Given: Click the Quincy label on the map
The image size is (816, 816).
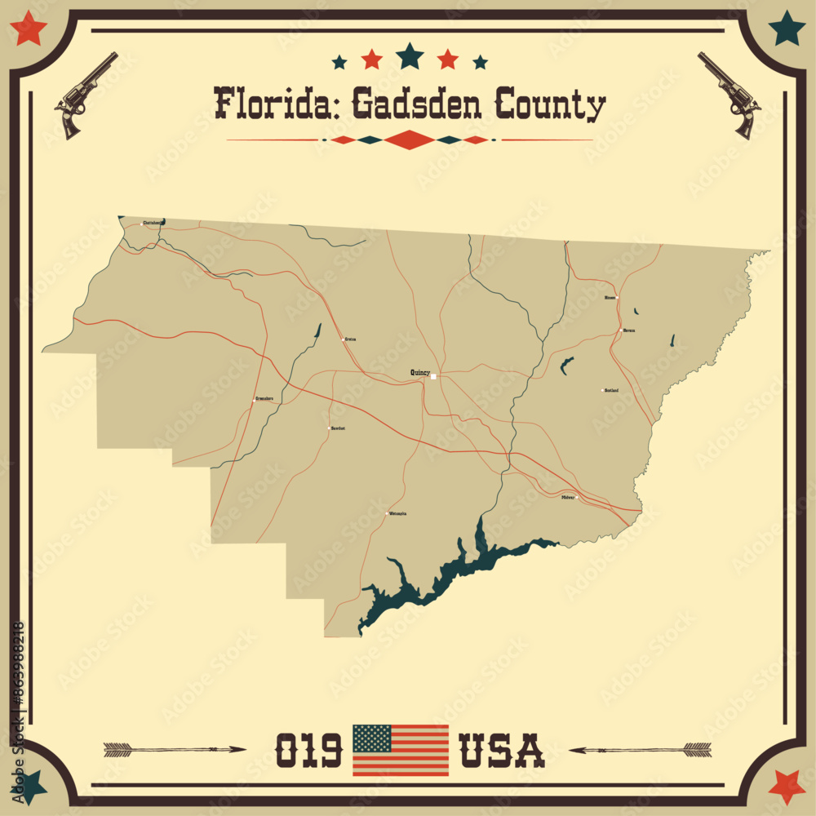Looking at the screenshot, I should point(419,372).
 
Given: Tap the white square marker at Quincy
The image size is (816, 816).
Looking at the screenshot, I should point(434,376).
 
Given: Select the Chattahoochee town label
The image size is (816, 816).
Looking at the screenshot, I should point(153,222).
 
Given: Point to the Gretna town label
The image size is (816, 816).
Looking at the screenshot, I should point(351,338).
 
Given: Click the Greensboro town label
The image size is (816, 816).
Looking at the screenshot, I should point(264,399).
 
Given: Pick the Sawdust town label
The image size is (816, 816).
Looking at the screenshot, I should point(338,428).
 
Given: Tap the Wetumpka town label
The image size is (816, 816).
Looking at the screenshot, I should point(397,513).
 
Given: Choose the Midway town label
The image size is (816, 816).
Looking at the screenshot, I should point(568,496).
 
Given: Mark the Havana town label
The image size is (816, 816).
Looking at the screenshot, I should point(628,330).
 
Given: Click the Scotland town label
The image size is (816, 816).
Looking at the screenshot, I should point(611,390).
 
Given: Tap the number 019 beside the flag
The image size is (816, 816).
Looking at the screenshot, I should point(308,750).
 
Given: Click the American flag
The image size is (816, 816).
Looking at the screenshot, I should point(400,750).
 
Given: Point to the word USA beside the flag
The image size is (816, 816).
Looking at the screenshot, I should point(502,750).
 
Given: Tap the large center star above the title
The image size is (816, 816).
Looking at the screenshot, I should point(410,55).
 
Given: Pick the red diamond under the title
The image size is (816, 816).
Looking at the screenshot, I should point(410,140).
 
